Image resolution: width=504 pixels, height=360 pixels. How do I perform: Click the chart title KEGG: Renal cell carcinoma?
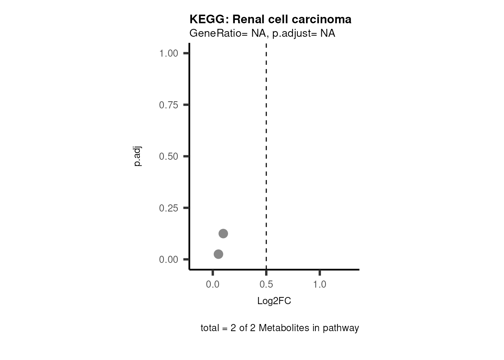[270, 19]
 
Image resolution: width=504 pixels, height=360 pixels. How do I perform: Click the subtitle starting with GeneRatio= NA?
[262, 33]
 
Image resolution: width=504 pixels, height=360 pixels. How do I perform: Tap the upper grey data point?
[223, 234]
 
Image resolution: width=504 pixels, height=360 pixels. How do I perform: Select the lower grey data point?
[218, 254]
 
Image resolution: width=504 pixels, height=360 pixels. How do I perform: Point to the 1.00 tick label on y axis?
[168, 53]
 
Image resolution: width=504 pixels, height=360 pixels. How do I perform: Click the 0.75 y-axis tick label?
[168, 105]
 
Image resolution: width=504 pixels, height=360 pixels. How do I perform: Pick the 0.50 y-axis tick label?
[168, 156]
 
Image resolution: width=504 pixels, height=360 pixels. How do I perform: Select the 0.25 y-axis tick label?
[168, 208]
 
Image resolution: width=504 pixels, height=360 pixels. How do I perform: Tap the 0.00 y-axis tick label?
[168, 259]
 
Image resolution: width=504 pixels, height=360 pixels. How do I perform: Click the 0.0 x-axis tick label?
[213, 285]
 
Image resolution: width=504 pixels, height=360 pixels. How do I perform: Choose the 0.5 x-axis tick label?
[266, 285]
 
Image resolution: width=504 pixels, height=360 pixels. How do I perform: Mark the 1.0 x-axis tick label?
[319, 285]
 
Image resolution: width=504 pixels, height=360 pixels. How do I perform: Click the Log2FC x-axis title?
[274, 301]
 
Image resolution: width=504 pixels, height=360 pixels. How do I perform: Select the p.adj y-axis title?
[138, 156]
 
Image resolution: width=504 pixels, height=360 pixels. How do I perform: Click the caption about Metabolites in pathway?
[280, 328]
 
